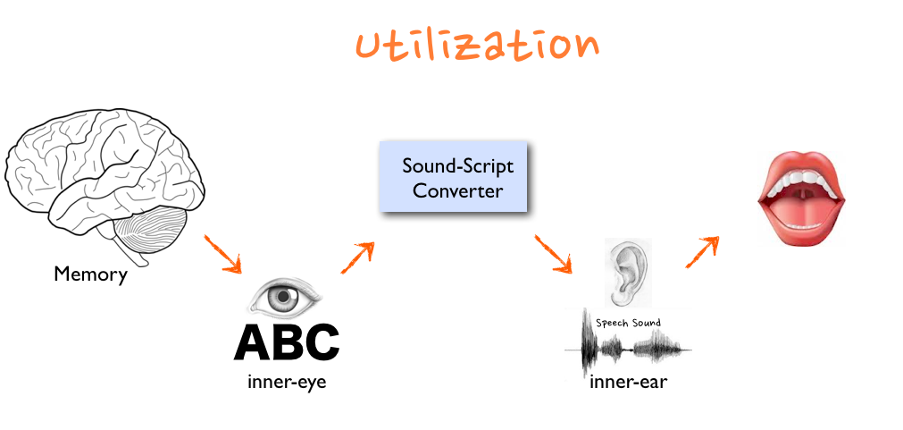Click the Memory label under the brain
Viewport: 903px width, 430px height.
click(x=90, y=274)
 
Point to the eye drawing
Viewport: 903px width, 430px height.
click(x=285, y=296)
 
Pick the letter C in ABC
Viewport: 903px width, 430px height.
click(x=321, y=341)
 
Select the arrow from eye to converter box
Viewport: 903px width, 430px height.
click(x=356, y=257)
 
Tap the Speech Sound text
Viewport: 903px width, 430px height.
click(x=628, y=322)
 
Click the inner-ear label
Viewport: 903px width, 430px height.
click(x=629, y=383)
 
